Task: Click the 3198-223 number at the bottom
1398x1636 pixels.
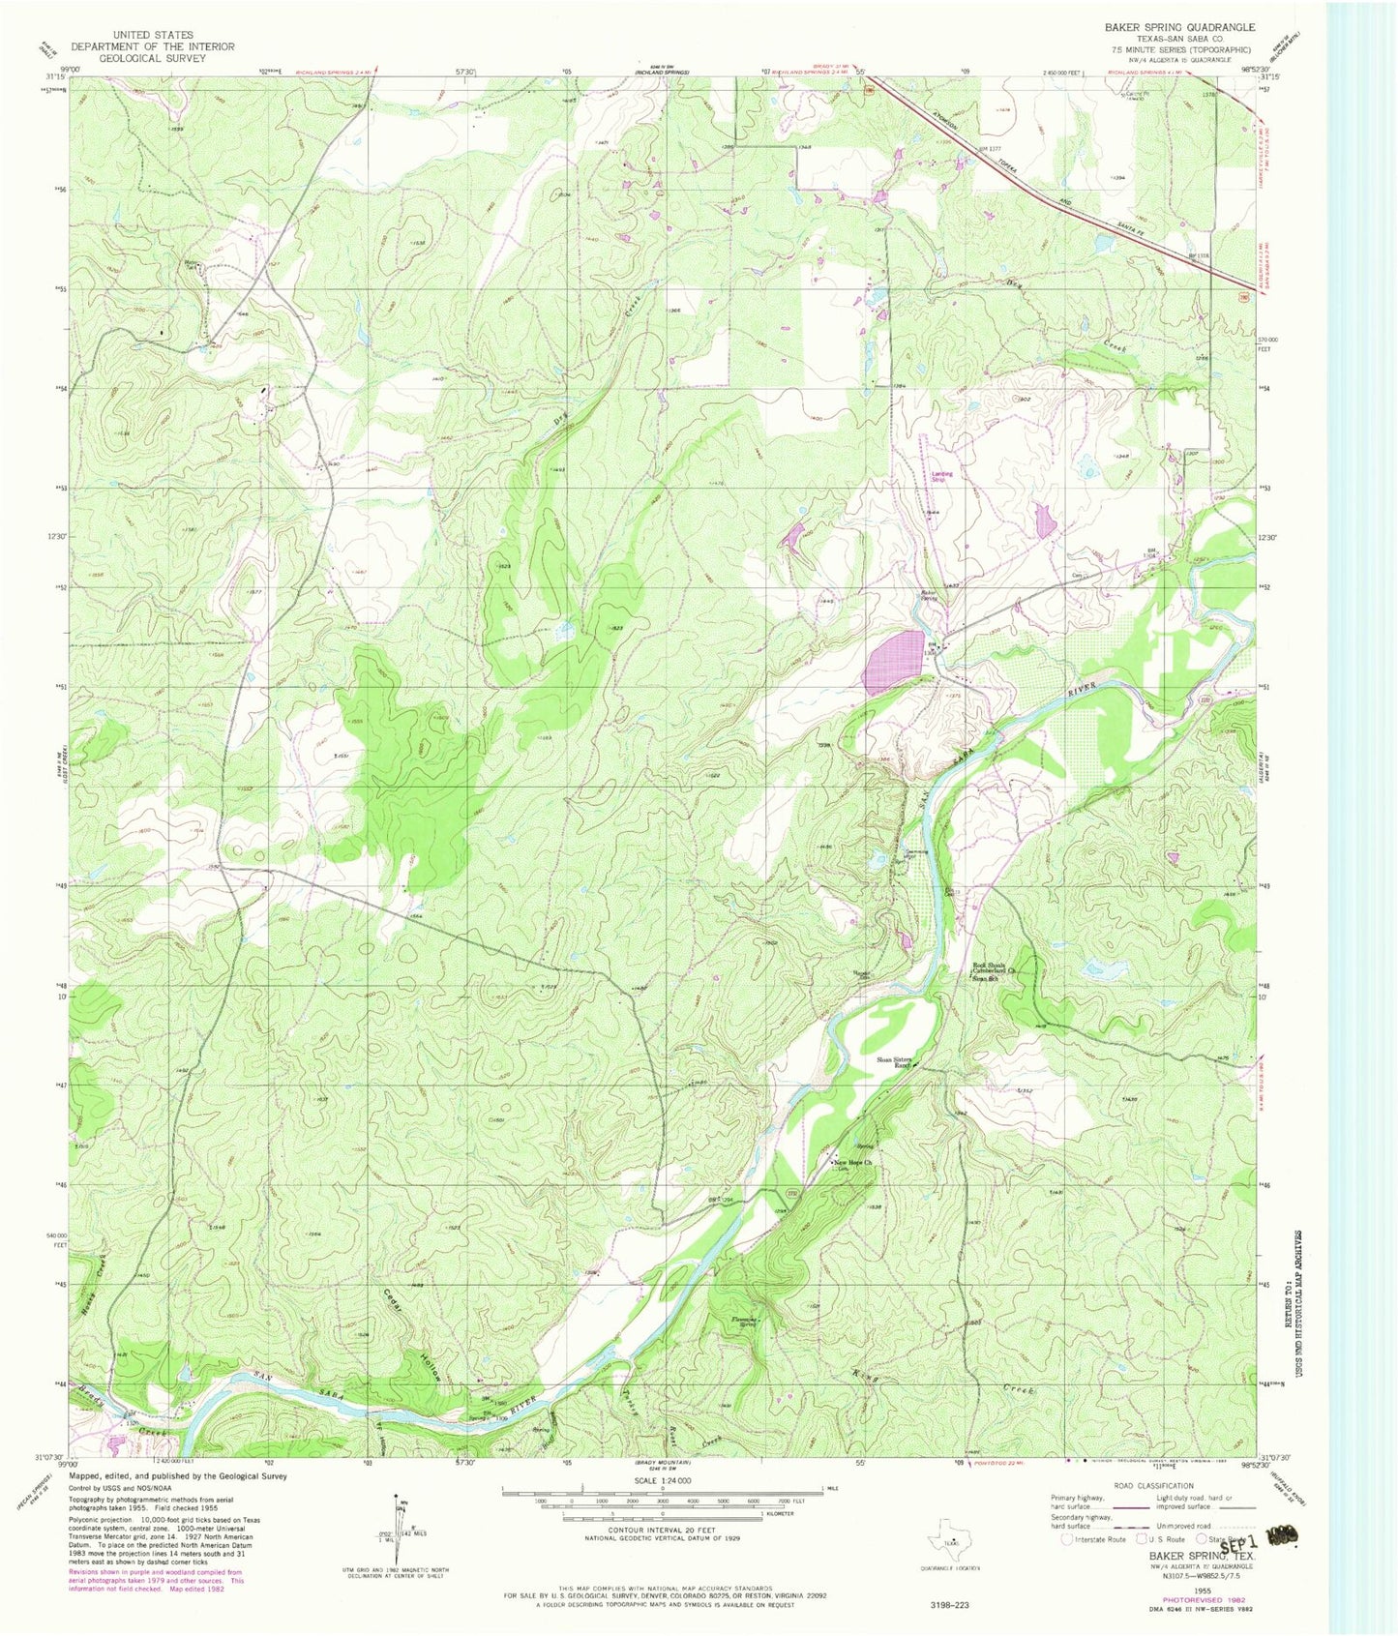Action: point(946,1605)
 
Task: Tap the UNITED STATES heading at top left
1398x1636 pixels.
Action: point(153,35)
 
